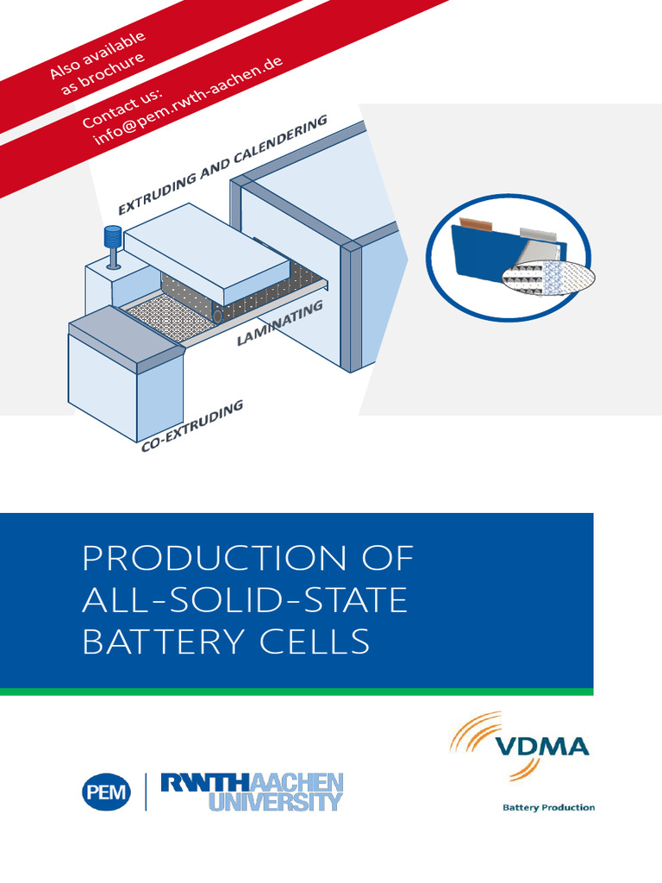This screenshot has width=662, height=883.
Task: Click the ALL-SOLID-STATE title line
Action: tap(244, 600)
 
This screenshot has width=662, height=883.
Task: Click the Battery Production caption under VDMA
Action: tap(548, 808)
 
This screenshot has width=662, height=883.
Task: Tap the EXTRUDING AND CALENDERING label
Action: tap(222, 164)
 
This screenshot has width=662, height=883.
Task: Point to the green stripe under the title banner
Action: tap(297, 691)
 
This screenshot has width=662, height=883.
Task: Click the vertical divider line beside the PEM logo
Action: tap(146, 792)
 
